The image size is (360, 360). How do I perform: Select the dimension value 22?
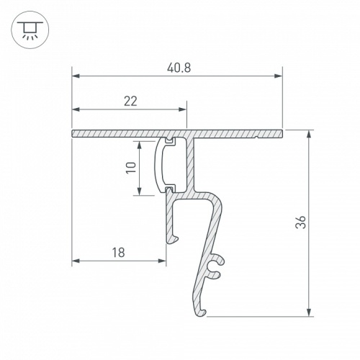pos(130,102)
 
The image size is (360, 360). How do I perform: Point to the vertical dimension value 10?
pos(130,168)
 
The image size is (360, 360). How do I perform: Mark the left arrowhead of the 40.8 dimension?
pos(75,76)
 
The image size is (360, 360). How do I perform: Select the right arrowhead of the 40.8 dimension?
pos(278,76)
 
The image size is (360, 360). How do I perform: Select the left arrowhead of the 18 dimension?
pos(75,260)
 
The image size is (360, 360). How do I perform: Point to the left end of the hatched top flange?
pos(73,134)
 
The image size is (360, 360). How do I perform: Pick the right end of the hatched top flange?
pos(279,134)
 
